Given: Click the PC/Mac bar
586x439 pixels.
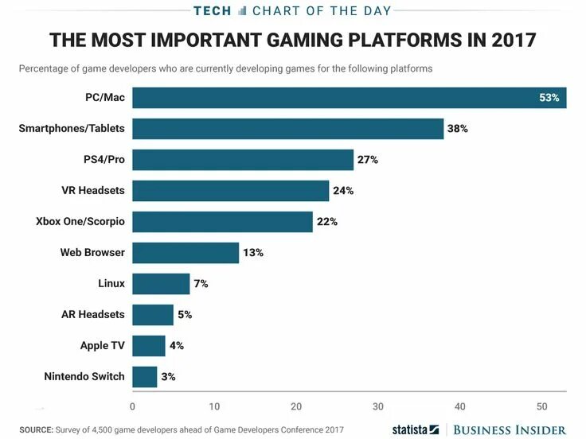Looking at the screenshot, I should click(349, 98).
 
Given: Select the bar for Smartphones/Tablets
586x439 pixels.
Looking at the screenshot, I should click(287, 129).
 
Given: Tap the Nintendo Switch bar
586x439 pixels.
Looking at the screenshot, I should click(144, 376).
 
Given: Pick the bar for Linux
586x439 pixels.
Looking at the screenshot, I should click(161, 284).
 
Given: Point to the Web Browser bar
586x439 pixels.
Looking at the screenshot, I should click(186, 253).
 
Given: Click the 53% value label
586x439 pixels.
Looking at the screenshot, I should click(549, 98).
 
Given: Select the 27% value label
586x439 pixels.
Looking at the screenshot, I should click(367, 160).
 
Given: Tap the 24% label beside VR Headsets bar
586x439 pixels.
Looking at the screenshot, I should click(343, 191).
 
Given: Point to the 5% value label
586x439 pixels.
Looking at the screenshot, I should click(185, 315).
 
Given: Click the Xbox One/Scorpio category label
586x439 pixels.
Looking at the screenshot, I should click(80, 221).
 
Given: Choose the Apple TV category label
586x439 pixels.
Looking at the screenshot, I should click(102, 345).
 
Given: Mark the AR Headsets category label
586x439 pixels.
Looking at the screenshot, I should click(93, 314).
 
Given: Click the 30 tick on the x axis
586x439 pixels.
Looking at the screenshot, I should click(378, 407).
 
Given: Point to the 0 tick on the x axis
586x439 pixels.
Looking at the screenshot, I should click(132, 407).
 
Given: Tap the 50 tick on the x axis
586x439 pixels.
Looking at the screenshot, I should click(542, 407).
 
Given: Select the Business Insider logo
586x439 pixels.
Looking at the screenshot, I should click(509, 429).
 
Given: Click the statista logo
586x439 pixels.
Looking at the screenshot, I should click(415, 429).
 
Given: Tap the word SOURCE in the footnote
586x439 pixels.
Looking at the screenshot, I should click(36, 430).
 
